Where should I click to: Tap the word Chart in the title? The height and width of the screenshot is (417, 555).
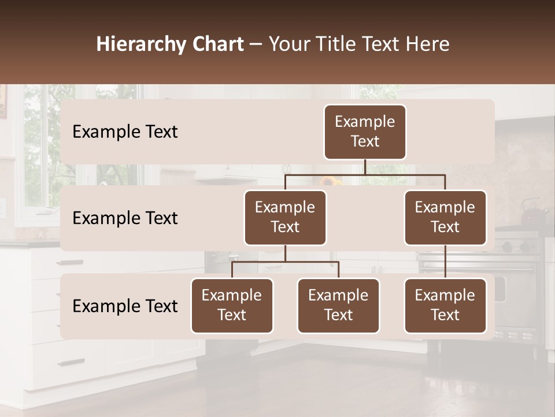click(x=218, y=45)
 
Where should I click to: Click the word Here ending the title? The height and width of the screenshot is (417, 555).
click(x=427, y=45)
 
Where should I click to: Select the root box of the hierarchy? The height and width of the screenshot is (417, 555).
click(x=365, y=132)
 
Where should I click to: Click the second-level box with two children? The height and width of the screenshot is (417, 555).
click(x=285, y=218)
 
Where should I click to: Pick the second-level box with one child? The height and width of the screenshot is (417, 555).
click(x=445, y=218)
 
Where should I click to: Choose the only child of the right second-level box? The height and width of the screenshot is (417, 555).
click(x=445, y=306)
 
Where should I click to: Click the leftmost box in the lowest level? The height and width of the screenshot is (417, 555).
click(x=232, y=306)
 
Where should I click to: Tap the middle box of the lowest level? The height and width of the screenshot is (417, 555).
click(x=338, y=306)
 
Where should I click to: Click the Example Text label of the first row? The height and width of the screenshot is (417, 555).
click(x=125, y=132)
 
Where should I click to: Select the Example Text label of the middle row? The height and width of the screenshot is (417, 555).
click(x=125, y=218)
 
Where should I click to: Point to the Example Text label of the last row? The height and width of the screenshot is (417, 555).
click(x=125, y=306)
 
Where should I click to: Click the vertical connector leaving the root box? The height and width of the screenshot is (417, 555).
click(x=365, y=167)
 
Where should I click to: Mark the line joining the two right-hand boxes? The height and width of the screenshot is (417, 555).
click(x=445, y=262)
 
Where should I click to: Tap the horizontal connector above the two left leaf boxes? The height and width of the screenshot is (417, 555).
click(x=285, y=262)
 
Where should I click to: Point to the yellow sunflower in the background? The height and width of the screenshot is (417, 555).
click(x=331, y=181)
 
